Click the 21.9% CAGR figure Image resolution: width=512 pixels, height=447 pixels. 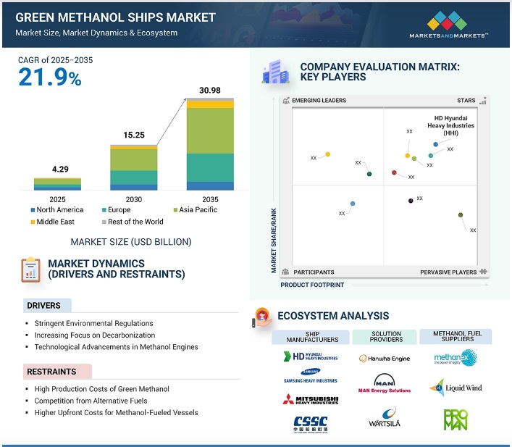coord(49,77)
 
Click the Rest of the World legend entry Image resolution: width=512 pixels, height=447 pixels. coord(134,222)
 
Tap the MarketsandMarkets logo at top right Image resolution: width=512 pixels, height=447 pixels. coord(458,25)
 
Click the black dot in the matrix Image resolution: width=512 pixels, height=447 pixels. coord(411,201)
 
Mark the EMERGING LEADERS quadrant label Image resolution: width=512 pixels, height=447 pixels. coord(318,101)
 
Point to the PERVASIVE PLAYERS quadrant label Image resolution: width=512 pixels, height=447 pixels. coord(448,272)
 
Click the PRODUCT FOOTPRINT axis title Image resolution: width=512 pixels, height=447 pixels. coord(312,285)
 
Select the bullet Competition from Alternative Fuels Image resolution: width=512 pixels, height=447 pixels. coord(90,401)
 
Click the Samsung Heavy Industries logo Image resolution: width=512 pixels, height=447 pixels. coord(310,376)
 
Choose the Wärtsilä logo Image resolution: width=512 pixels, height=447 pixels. coord(384,421)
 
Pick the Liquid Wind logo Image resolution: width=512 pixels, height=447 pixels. coord(456,388)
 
